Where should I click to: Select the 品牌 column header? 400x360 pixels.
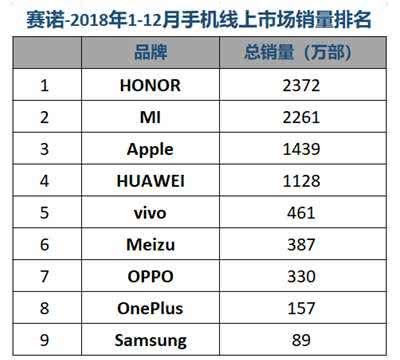click(x=150, y=53)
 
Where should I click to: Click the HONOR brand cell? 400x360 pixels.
click(x=150, y=85)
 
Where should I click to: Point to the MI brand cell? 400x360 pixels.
click(x=150, y=117)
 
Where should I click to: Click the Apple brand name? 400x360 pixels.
click(x=150, y=149)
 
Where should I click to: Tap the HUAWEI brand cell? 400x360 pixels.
click(x=150, y=181)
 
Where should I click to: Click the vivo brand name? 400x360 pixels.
click(x=150, y=213)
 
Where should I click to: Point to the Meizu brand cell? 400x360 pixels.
click(x=150, y=245)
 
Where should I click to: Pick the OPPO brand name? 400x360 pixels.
click(x=150, y=277)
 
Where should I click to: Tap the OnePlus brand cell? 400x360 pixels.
click(x=150, y=309)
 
